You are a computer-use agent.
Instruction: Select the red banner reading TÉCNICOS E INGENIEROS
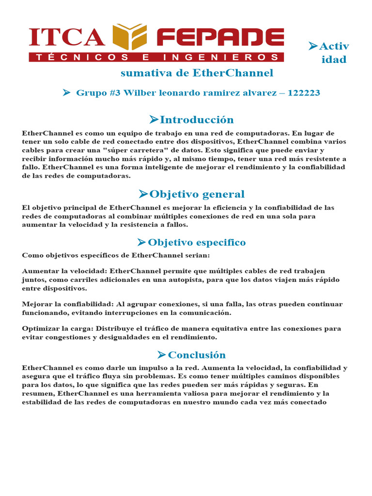(x=156, y=57)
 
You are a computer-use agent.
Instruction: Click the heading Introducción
(x=197, y=120)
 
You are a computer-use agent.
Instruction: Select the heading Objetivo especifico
(x=197, y=242)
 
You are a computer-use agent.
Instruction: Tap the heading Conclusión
(x=197, y=355)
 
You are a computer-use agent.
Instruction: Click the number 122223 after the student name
(x=304, y=93)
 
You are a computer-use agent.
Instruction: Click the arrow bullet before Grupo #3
(x=67, y=92)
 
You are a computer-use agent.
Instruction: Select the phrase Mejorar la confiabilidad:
(x=64, y=304)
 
